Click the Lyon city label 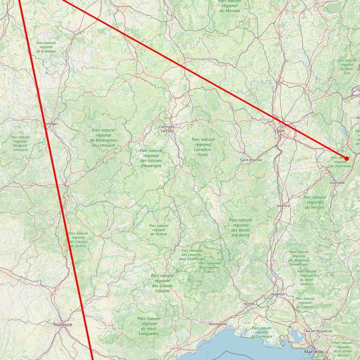click(279, 131)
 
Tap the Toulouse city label click(62, 324)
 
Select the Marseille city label click(314, 352)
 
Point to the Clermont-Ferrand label click(167, 129)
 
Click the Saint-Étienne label click(251, 160)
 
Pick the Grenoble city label click(337, 183)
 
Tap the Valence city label click(283, 206)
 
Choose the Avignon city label click(278, 294)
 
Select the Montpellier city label click(219, 324)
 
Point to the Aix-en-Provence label click(319, 331)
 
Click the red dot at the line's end click(347, 159)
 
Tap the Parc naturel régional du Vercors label click(314, 202)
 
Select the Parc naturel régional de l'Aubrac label click(159, 230)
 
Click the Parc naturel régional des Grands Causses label click(162, 283)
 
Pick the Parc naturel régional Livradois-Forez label click(203, 147)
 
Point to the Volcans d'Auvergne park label click(151, 158)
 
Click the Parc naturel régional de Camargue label click(262, 332)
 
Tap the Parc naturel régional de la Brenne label click(46, 47)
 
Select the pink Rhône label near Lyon click(265, 120)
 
